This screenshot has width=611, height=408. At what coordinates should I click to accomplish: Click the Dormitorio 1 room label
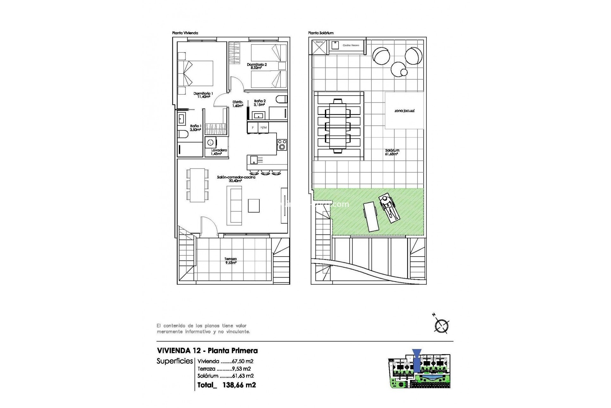pos(203,95)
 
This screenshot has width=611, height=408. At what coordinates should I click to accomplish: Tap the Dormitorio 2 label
pos(257,66)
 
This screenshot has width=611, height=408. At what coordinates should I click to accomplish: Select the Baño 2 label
pos(260,103)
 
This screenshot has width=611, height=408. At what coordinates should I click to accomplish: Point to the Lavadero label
pos(219,152)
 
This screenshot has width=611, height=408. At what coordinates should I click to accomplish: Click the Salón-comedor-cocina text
pos(236,179)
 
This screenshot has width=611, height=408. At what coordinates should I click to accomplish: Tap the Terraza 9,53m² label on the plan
pos(231,261)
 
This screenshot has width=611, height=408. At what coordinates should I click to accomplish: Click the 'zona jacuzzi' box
pos(404,111)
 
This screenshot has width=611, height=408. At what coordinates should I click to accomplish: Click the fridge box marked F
pos(253,127)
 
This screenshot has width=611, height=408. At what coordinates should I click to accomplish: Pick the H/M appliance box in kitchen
pos(263,127)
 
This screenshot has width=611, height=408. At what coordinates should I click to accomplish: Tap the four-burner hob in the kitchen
pos(282,144)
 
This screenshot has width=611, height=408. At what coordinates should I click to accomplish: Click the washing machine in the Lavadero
pos(210,142)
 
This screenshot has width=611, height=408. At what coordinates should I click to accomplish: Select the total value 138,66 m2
pos(239,385)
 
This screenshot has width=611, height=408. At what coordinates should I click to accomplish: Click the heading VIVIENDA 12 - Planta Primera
pos(207,351)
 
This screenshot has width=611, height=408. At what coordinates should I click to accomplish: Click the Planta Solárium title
pos(320,33)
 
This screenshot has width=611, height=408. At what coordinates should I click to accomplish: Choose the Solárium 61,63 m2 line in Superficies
pos(225,376)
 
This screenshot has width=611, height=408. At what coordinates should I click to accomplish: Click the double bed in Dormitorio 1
pos(195,73)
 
